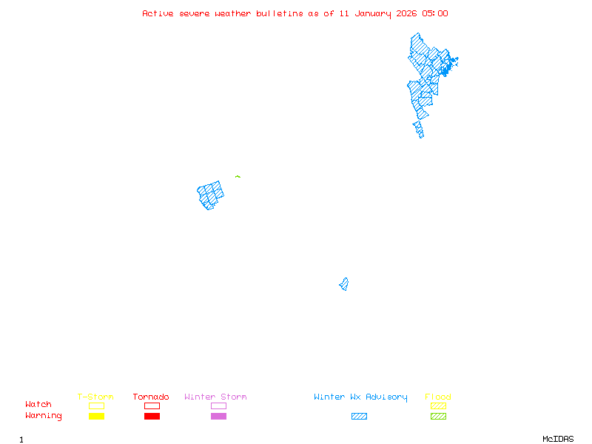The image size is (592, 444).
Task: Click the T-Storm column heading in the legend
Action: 95,397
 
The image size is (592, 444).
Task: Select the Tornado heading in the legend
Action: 151,397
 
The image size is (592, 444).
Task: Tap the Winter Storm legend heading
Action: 215,397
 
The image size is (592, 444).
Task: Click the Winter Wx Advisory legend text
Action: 360,397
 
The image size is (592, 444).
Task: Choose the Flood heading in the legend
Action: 438,397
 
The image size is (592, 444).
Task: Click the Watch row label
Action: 38,405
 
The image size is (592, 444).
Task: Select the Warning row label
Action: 44,416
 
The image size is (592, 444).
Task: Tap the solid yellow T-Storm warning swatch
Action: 96,416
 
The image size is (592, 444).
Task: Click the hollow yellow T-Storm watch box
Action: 96,406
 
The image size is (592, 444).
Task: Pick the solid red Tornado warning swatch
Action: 152,416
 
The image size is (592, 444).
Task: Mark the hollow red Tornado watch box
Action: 152,406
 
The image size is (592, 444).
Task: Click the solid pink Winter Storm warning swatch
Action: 218,416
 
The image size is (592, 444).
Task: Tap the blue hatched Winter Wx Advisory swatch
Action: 359,416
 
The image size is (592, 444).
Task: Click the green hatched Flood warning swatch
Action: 438,416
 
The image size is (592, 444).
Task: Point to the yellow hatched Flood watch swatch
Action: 438,406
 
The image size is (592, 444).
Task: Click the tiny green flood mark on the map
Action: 238,176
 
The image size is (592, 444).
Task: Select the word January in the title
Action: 371,13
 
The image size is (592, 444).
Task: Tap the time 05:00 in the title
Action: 435,13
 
